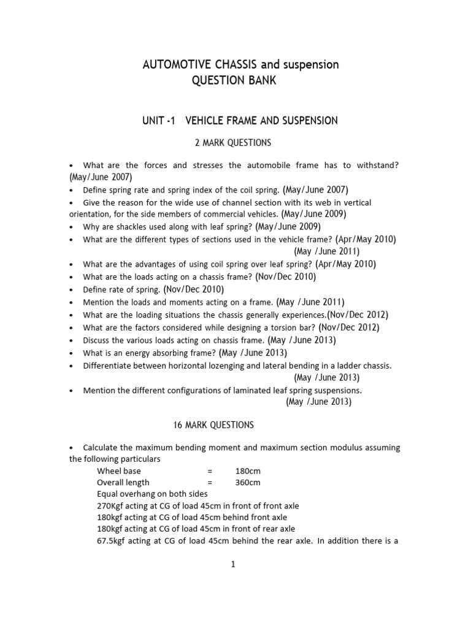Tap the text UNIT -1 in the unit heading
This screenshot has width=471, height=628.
click(158, 121)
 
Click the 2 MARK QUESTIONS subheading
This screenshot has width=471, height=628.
click(232, 143)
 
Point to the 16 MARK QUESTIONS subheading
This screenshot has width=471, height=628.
click(211, 424)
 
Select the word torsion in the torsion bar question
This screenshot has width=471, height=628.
click(286, 327)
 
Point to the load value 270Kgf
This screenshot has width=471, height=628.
click(112, 506)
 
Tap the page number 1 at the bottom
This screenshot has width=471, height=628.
click(234, 565)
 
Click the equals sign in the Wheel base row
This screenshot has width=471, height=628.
click(209, 471)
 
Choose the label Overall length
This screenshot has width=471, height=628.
click(123, 482)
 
